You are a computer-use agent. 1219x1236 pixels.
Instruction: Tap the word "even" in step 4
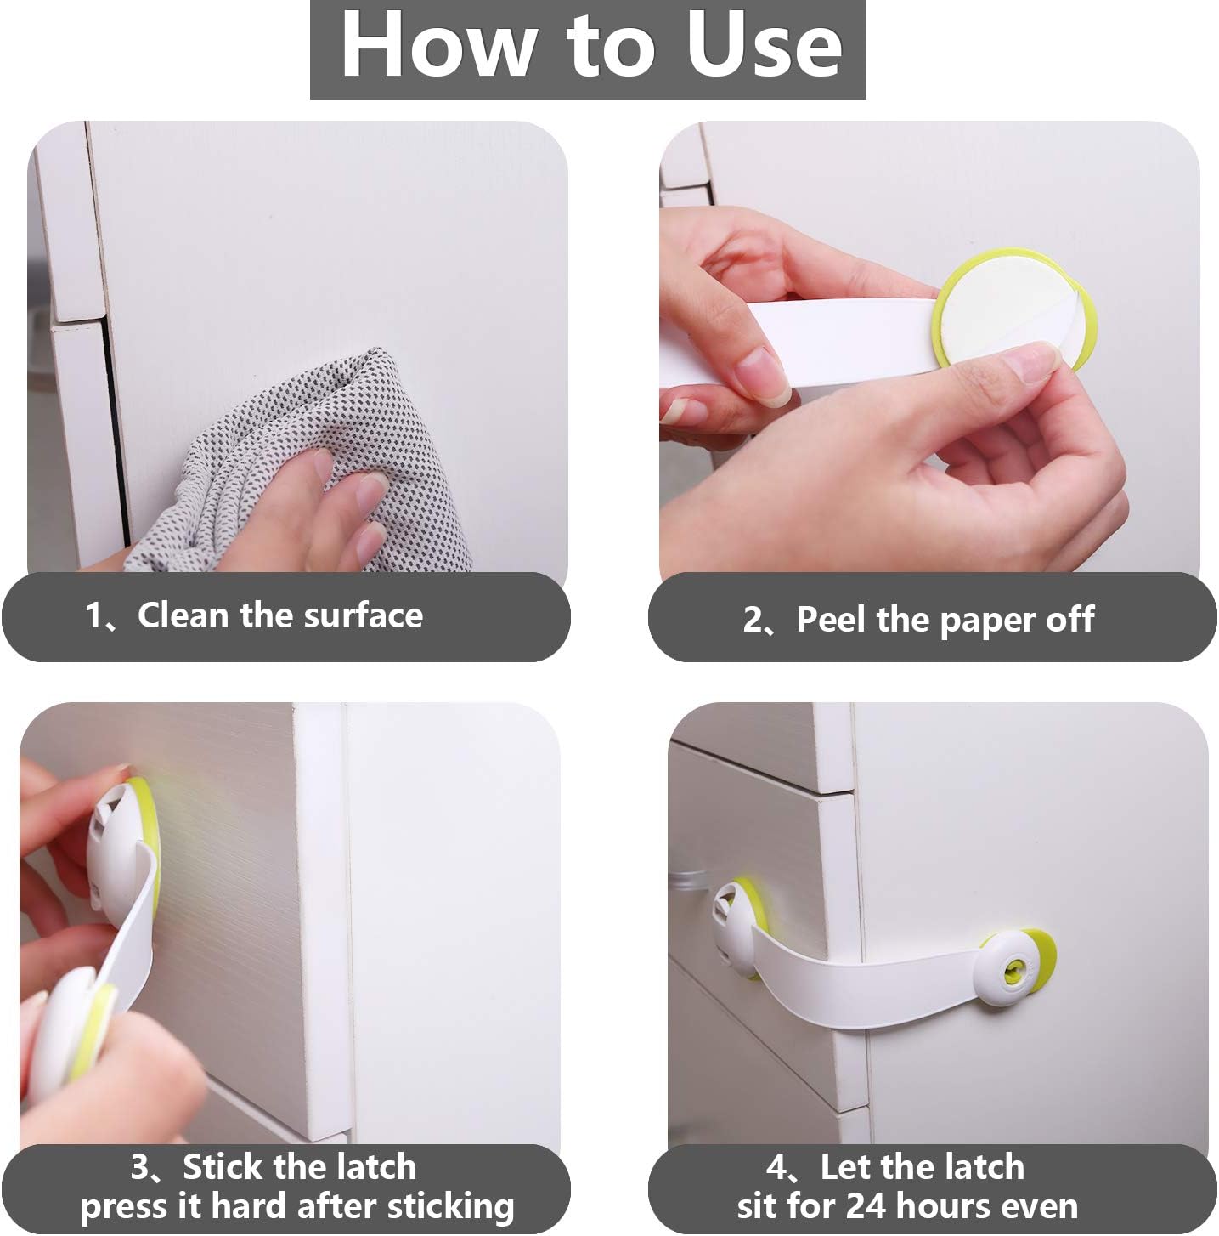pyautogui.click(x=1040, y=1205)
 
